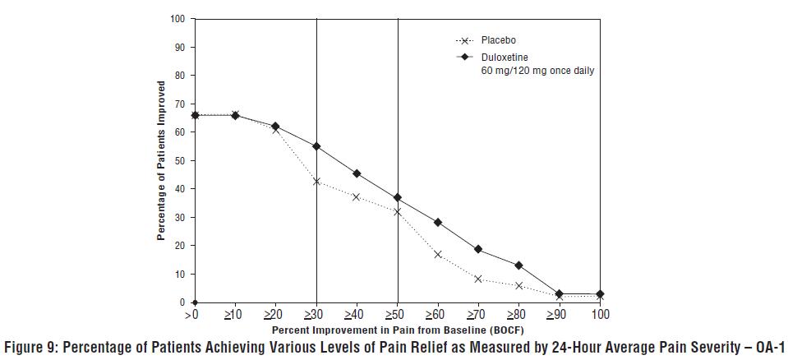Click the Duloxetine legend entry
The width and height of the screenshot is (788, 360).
pos(504,58)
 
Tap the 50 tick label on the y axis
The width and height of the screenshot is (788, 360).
pos(182,160)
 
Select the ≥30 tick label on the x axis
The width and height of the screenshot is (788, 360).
pos(316,315)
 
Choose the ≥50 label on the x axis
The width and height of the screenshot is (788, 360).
pos(397,315)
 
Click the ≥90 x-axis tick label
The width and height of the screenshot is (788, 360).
pos(559,315)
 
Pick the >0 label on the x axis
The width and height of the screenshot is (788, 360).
pos(194,315)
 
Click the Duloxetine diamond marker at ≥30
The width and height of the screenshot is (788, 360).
pos(316,146)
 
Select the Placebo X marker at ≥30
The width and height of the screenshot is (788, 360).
pos(316,182)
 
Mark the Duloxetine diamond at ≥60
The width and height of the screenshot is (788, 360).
pos(438,223)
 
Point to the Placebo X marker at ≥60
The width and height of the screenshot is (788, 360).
pos(438,255)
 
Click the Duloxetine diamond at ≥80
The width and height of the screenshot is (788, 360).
pos(518,265)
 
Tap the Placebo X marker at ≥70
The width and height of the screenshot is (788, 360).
pos(478,279)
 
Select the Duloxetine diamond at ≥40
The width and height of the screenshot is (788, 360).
pos(357,173)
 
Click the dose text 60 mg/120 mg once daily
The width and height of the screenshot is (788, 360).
pos(537,72)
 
